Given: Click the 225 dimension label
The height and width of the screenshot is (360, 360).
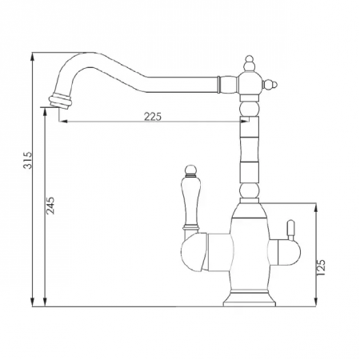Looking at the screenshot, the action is pyautogui.click(x=153, y=116).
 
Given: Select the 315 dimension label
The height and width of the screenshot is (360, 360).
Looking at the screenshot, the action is pyautogui.click(x=28, y=160).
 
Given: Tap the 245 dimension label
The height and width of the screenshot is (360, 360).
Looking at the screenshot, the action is pyautogui.click(x=50, y=206).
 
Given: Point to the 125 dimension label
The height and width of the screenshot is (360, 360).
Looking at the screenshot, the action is pyautogui.click(x=322, y=267).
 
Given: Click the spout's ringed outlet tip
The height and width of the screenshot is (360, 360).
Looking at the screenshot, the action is pyautogui.click(x=60, y=101).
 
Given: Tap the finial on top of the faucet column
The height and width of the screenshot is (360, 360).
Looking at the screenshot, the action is pyautogui.click(x=250, y=64).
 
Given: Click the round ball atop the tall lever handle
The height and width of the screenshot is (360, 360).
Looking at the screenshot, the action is pyautogui.click(x=191, y=170).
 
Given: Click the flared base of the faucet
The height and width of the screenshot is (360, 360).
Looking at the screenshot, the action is pyautogui.click(x=250, y=299).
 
